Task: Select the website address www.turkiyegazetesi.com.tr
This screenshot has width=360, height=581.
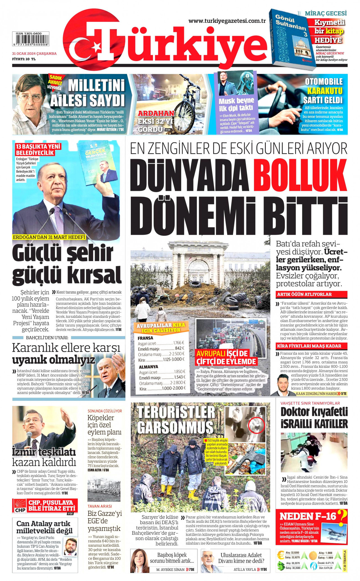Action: (x=227, y=21)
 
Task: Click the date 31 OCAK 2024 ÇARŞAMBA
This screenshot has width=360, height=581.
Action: (x=34, y=53)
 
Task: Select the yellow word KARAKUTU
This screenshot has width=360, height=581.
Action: (x=325, y=91)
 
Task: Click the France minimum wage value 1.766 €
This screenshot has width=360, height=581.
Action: (x=179, y=343)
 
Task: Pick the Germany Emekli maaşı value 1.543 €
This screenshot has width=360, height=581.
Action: (x=180, y=377)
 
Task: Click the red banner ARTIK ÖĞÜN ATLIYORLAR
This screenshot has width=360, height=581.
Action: (x=312, y=294)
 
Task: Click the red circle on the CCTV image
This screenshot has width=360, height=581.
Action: (x=257, y=425)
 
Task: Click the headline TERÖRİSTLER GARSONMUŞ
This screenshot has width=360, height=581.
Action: (x=176, y=420)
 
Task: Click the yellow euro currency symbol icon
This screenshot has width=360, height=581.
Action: (x=281, y=555)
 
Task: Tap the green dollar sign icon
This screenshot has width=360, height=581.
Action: (x=281, y=566)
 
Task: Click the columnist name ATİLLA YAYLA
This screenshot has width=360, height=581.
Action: (x=245, y=569)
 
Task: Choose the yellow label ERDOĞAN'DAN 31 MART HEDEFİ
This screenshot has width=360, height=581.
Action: (x=49, y=237)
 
